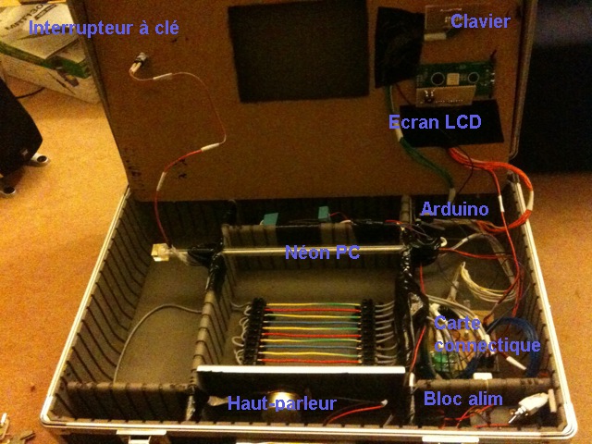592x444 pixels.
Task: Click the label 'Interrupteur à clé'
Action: pos(104,28)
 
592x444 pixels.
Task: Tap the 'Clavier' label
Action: pos(480,21)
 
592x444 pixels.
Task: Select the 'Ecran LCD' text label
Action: pos(435,122)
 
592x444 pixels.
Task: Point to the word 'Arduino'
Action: pos(454,209)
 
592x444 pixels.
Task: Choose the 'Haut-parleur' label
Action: pos(281,402)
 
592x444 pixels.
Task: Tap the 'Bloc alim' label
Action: pos(463,399)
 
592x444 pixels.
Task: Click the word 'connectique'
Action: pos(487,345)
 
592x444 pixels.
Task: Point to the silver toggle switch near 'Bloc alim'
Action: pos(535,404)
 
